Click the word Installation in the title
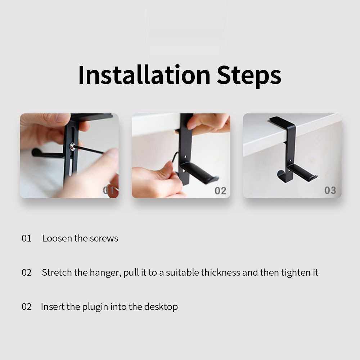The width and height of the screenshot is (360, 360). [x=144, y=75]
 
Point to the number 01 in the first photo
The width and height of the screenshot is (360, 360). [x=109, y=190]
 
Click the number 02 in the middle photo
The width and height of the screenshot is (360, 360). [x=220, y=191]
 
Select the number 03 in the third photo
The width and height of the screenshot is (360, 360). [x=330, y=190]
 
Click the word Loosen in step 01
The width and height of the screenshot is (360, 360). [x=57, y=238]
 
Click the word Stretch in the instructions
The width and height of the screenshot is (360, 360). [x=57, y=273]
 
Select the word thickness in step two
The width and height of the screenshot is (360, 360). [x=220, y=273]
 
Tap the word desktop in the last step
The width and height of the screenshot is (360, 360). [x=161, y=307]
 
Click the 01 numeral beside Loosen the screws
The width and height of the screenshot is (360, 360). [x=26, y=238]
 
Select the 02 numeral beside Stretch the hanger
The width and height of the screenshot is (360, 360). [x=26, y=273]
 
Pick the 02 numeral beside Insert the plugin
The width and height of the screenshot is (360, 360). [x=26, y=307]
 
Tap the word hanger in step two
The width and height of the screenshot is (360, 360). [x=105, y=273]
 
